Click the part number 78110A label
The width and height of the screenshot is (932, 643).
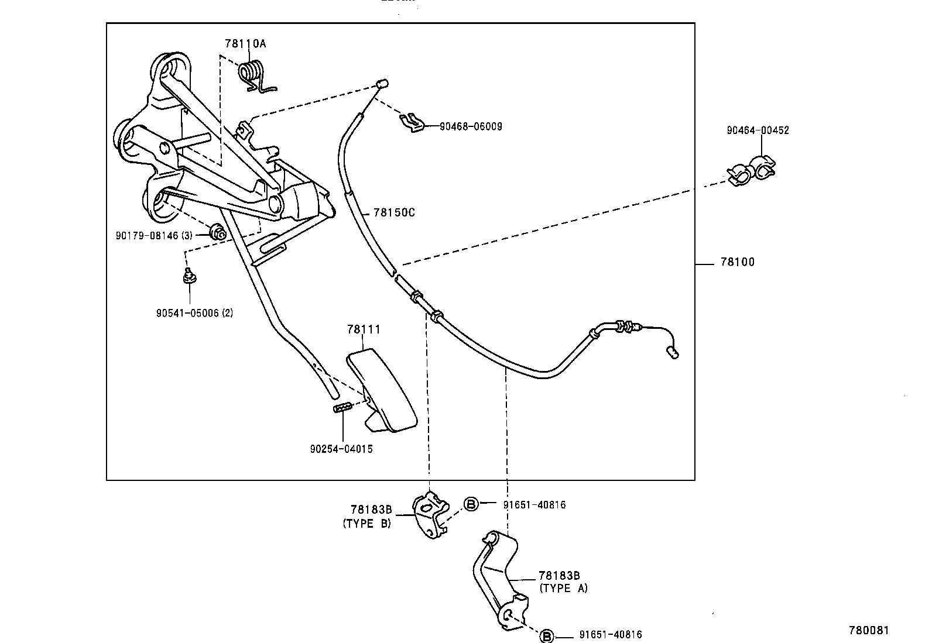pyautogui.click(x=245, y=43)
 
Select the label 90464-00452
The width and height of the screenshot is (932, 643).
pyautogui.click(x=758, y=130)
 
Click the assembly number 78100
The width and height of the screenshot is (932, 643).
pyautogui.click(x=737, y=262)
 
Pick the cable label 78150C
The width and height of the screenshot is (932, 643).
pyautogui.click(x=393, y=212)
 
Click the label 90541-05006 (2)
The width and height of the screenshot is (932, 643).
pyautogui.click(x=194, y=313)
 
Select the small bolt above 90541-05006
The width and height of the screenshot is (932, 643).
pyautogui.click(x=189, y=275)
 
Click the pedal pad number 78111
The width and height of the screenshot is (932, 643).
pyautogui.click(x=363, y=329)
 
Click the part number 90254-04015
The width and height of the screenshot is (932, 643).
pyautogui.click(x=341, y=449)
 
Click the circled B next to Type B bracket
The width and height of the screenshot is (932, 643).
pyautogui.click(x=471, y=504)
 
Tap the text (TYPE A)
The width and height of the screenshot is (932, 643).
pyautogui.click(x=563, y=588)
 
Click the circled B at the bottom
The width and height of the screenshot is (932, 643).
pyautogui.click(x=546, y=635)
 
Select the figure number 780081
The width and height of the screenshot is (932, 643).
pyautogui.click(x=869, y=630)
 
